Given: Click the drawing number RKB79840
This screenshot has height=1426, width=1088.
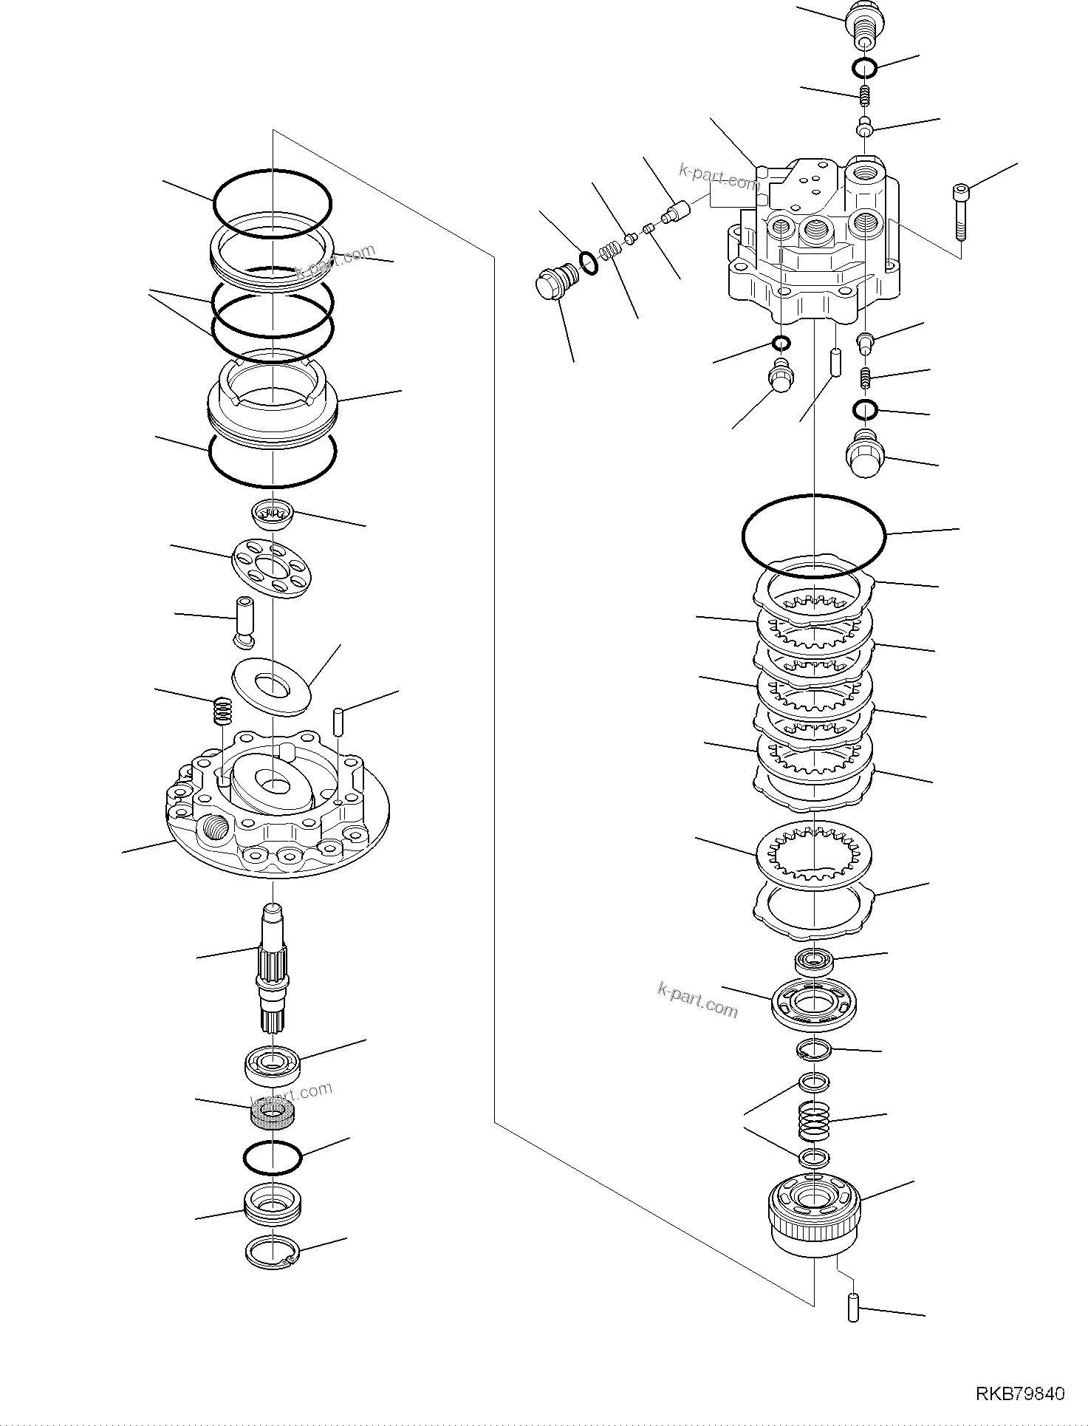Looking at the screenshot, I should point(1020,1394).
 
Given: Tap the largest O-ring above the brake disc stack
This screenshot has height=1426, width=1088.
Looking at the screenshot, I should point(813,536).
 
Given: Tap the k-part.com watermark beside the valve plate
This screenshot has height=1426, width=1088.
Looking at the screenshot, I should point(697,999).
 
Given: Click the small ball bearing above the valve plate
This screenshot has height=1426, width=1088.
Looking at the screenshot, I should point(813,962).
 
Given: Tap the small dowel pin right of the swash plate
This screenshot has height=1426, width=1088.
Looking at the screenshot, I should point(338,721).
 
